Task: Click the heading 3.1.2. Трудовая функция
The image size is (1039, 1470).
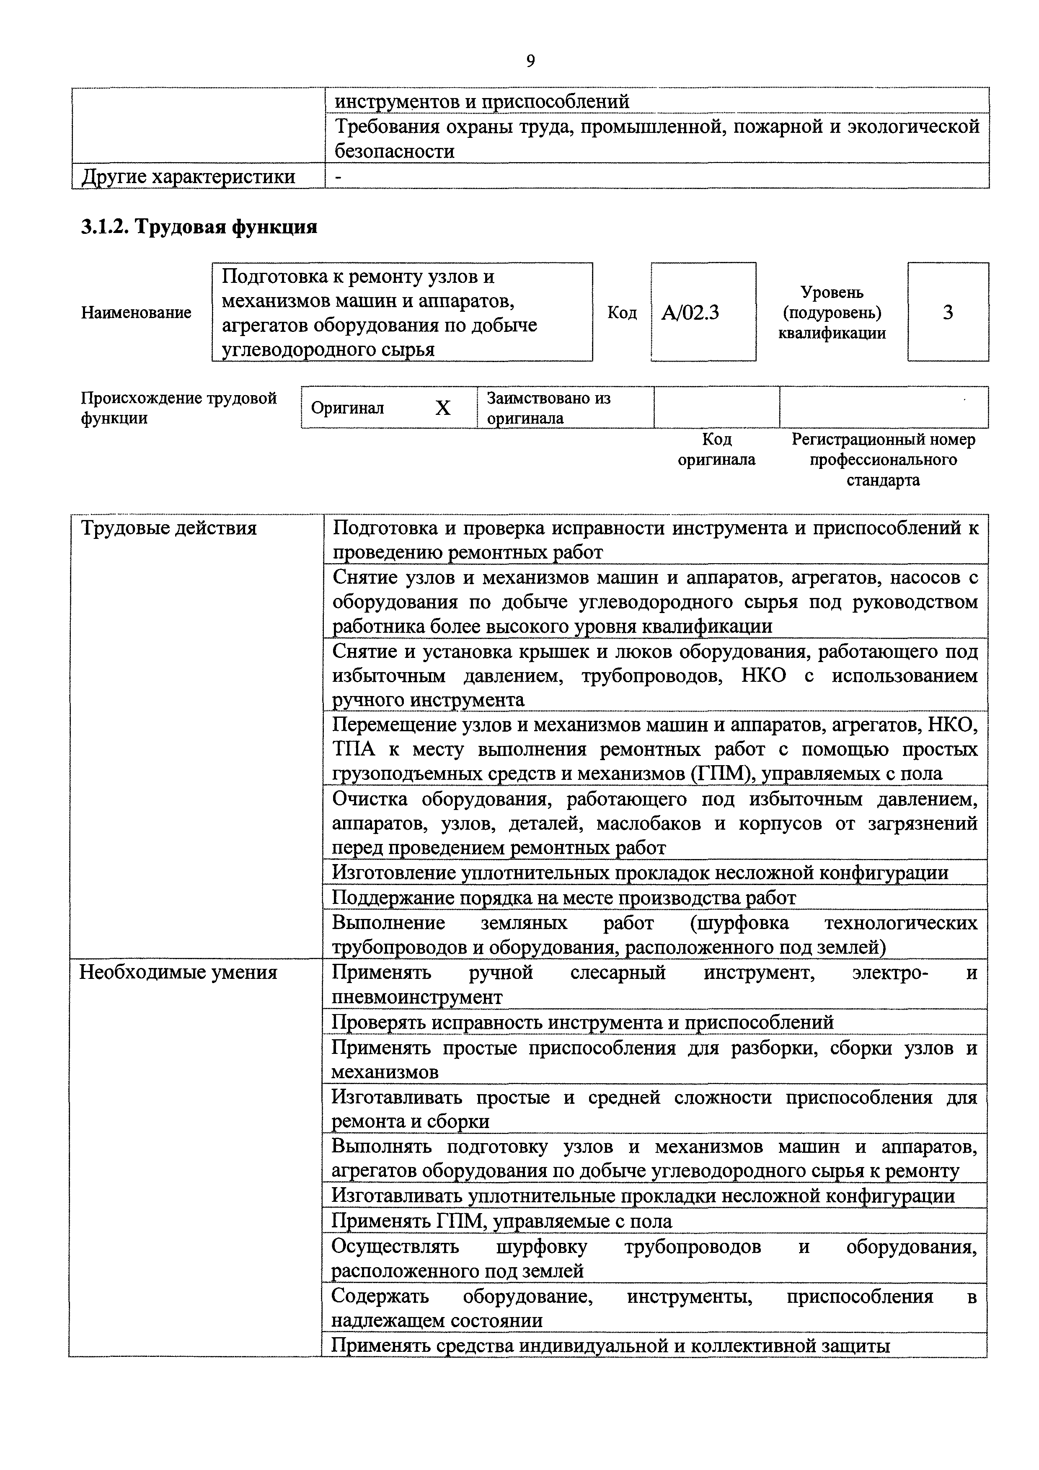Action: pos(199,227)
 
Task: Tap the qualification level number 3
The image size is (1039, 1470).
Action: pos(947,313)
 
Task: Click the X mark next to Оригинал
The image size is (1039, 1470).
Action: pos(443,408)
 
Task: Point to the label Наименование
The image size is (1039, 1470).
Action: pos(136,313)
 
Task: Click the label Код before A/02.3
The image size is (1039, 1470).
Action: pos(622,313)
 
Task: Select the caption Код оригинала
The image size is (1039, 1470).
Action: pos(716,450)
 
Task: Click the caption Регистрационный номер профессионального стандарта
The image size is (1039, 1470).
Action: pos(884,460)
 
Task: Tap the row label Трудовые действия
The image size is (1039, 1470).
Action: pos(168,528)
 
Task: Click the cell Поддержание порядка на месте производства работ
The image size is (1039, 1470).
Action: pos(563,898)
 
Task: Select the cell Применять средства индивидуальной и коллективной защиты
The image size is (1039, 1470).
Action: pos(610,1364)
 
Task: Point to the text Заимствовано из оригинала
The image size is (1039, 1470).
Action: pos(549,408)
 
